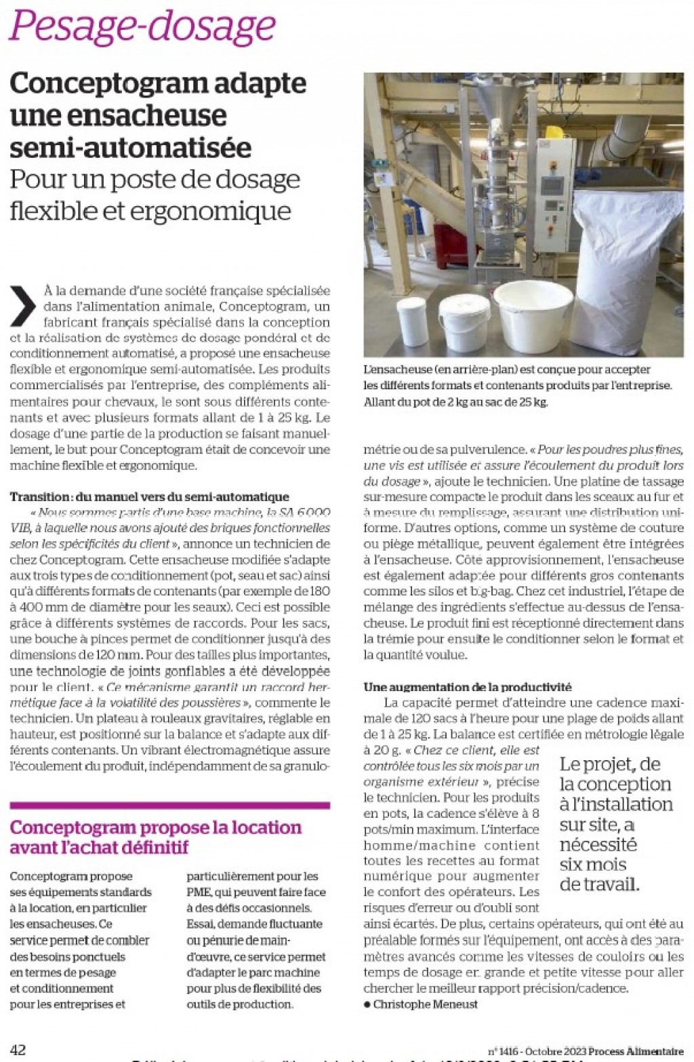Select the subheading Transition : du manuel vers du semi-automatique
tap(149, 497)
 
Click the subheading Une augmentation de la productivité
tap(467, 687)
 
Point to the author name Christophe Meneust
tap(425, 1004)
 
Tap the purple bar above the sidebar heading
tap(169, 806)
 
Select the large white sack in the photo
tap(627, 271)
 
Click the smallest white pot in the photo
tap(412, 321)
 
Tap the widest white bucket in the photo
tap(533, 315)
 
